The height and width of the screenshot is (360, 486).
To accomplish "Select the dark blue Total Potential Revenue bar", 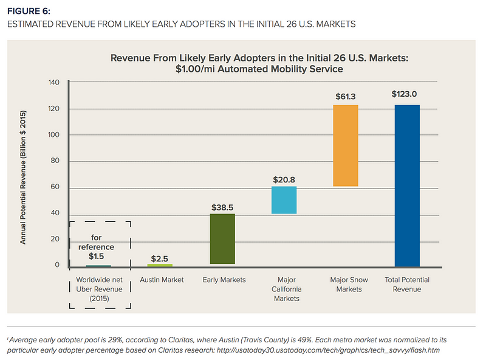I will (x=407, y=185).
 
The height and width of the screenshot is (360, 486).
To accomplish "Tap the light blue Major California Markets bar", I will (x=284, y=200).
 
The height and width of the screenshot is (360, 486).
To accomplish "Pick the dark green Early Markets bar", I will (x=222, y=239).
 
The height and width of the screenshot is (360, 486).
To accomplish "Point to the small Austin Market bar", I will (x=160, y=265).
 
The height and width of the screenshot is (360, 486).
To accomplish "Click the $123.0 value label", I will (x=407, y=95).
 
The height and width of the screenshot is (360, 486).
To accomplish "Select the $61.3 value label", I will (x=346, y=96).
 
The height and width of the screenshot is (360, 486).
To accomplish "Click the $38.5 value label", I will (x=222, y=207).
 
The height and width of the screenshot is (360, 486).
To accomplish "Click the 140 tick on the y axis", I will (x=54, y=83).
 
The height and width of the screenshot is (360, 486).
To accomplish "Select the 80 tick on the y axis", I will (x=56, y=161).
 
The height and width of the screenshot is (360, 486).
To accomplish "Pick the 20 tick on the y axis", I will (x=56, y=239).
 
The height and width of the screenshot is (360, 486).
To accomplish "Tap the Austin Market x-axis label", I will (x=162, y=280).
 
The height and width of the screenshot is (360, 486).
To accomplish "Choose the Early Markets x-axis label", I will (x=224, y=280).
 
